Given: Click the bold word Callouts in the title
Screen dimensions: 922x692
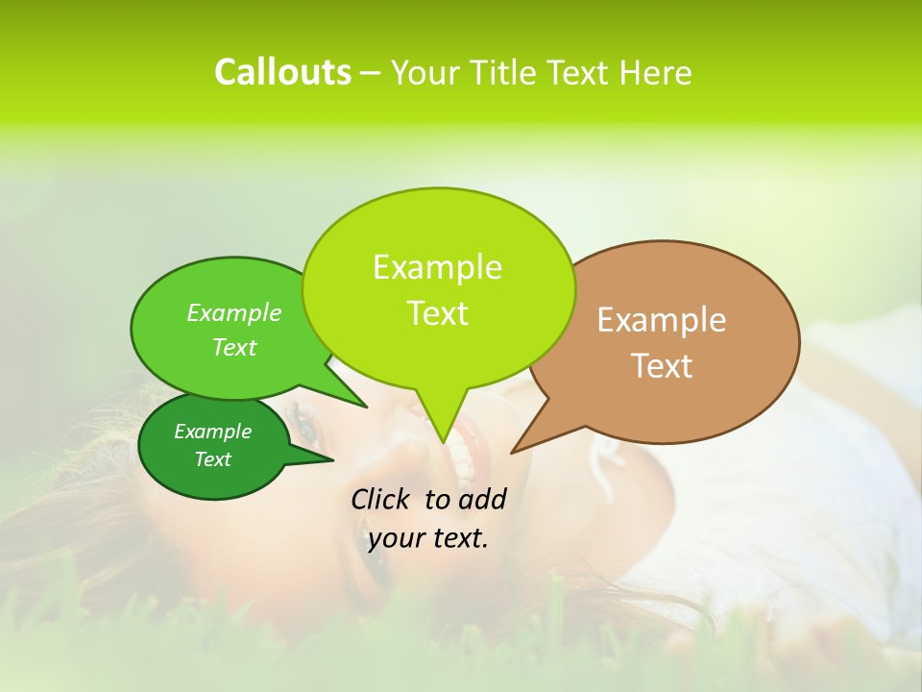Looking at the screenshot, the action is pos(282,72).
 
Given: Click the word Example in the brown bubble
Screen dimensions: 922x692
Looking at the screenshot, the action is pos(662,320).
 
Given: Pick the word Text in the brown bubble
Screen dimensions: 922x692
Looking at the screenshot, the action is pos(662,366).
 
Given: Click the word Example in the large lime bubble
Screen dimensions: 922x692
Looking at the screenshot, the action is pos(437,267).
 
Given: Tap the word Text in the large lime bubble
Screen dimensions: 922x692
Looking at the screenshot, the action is pos(437,313).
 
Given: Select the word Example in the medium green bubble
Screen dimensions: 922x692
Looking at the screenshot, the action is pos(233,312).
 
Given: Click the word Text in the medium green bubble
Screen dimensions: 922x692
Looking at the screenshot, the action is pos(233,347).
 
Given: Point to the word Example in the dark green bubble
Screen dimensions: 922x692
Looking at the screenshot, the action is pos(212,432).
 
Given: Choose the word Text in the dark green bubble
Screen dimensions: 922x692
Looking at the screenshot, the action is pos(212,459).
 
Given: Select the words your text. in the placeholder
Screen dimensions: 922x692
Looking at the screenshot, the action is pos(428,538).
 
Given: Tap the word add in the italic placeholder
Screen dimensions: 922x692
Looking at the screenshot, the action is pos(481,499).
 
